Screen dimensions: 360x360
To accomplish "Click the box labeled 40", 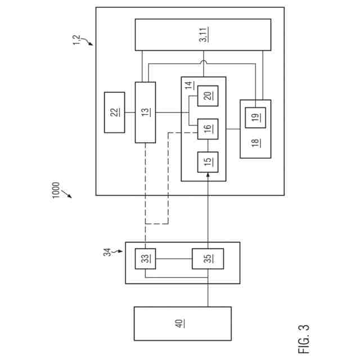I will pyautogui.click(x=182, y=323).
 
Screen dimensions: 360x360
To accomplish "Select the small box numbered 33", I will pyautogui.click(x=145, y=259).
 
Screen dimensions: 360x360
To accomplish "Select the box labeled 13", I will pyautogui.click(x=145, y=112).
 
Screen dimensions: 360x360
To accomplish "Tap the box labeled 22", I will pyautogui.click(x=114, y=112).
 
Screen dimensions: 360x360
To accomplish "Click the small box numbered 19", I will pyautogui.click(x=255, y=116).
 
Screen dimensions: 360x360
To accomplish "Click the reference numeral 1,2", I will pyautogui.click(x=78, y=40).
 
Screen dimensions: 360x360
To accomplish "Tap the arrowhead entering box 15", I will pyautogui.click(x=208, y=175).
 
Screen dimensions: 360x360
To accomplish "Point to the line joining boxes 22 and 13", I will pyautogui.click(x=129, y=112).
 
